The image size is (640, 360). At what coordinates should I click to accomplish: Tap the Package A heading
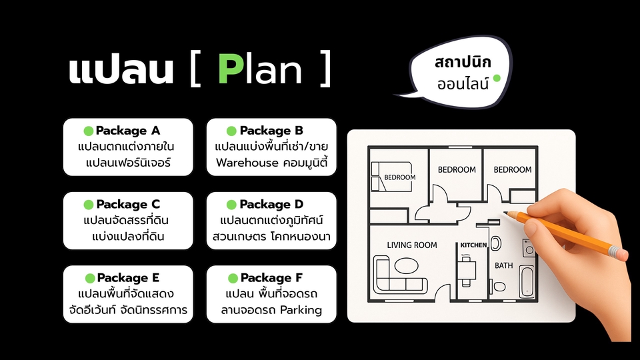coord(128,131)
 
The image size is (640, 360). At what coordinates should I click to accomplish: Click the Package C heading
coord(128,204)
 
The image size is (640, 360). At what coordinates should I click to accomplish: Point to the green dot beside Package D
coord(231,204)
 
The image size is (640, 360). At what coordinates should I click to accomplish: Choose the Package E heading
coord(129,277)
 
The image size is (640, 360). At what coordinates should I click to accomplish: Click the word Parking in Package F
coord(301,309)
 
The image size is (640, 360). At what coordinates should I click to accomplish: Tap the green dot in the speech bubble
coord(496,78)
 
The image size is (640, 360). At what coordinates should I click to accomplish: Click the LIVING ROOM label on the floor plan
coord(412,245)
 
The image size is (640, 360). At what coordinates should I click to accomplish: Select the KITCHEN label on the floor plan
coord(473,246)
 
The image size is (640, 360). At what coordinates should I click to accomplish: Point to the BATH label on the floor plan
coord(503,265)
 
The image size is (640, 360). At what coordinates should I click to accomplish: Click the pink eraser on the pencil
coord(619,253)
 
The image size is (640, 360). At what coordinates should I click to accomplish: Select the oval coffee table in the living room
coord(405,266)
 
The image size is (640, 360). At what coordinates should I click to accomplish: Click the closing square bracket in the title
coord(325,71)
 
